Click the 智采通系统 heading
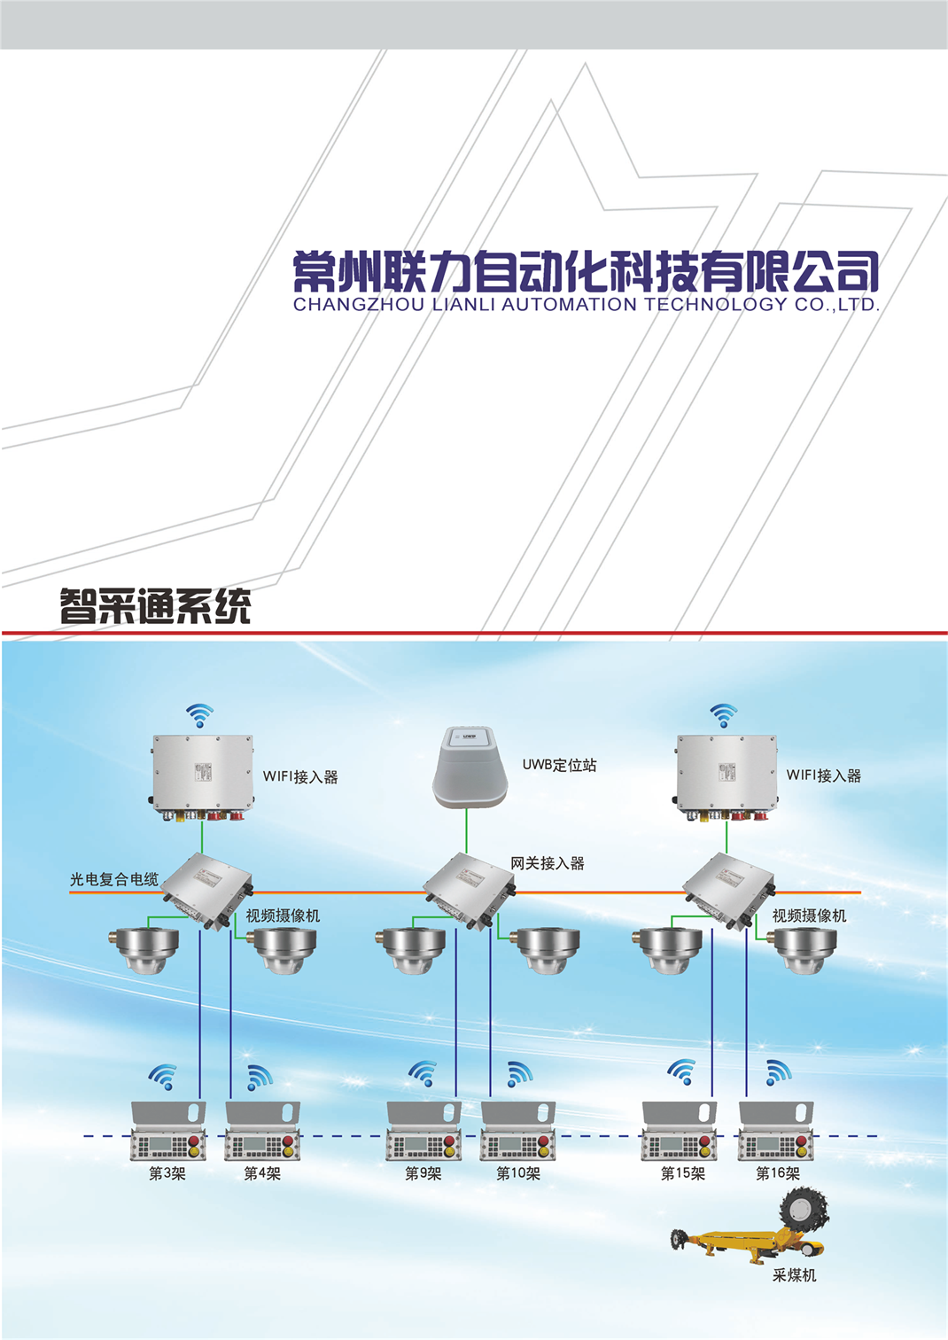(x=155, y=606)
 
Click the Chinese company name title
(x=586, y=271)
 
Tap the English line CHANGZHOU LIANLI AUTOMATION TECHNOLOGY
(x=586, y=305)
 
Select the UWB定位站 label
(x=559, y=765)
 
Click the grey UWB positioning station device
(x=470, y=767)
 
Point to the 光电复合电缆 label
(x=113, y=879)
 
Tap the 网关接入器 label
(x=547, y=863)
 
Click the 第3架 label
(x=167, y=1173)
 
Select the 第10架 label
(x=518, y=1173)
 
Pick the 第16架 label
(x=778, y=1173)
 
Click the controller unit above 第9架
(x=424, y=1132)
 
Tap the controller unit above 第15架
(x=680, y=1132)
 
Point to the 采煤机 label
(x=794, y=1275)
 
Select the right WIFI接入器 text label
(x=823, y=775)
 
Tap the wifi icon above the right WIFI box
(x=724, y=713)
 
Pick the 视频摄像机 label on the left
(x=283, y=915)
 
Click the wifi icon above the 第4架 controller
(x=259, y=1076)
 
